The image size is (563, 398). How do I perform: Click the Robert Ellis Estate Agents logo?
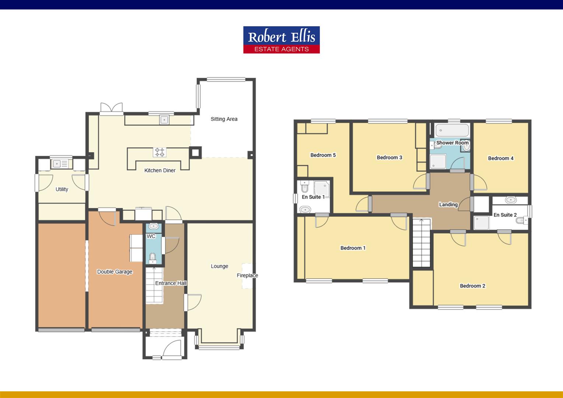pyautogui.click(x=281, y=40)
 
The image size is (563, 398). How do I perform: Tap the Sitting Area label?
pyautogui.click(x=224, y=119)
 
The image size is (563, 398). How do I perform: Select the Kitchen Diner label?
pyautogui.click(x=160, y=170)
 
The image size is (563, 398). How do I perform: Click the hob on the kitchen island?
pyautogui.click(x=160, y=152)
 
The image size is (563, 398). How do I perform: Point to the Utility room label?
pyautogui.click(x=62, y=189)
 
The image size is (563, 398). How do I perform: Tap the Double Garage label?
pyautogui.click(x=115, y=272)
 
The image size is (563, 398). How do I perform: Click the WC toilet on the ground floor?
pyautogui.click(x=153, y=258)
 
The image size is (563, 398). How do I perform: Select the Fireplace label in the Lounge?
pyautogui.click(x=247, y=275)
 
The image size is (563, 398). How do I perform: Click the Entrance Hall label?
pyautogui.click(x=171, y=283)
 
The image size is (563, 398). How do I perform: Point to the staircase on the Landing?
pyautogui.click(x=422, y=243)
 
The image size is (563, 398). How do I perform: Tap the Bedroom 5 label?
pyautogui.click(x=323, y=155)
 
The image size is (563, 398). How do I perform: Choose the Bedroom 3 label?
pyautogui.click(x=389, y=157)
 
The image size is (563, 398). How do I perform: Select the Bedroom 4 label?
pyautogui.click(x=501, y=158)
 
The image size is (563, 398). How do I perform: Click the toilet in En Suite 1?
pyautogui.click(x=305, y=186)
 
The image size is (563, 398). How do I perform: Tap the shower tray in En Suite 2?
pyautogui.click(x=481, y=223)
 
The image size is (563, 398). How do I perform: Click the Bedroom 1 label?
pyautogui.click(x=353, y=248)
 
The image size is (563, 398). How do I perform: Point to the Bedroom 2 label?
pyautogui.click(x=472, y=286)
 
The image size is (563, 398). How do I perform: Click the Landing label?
pyautogui.click(x=448, y=205)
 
